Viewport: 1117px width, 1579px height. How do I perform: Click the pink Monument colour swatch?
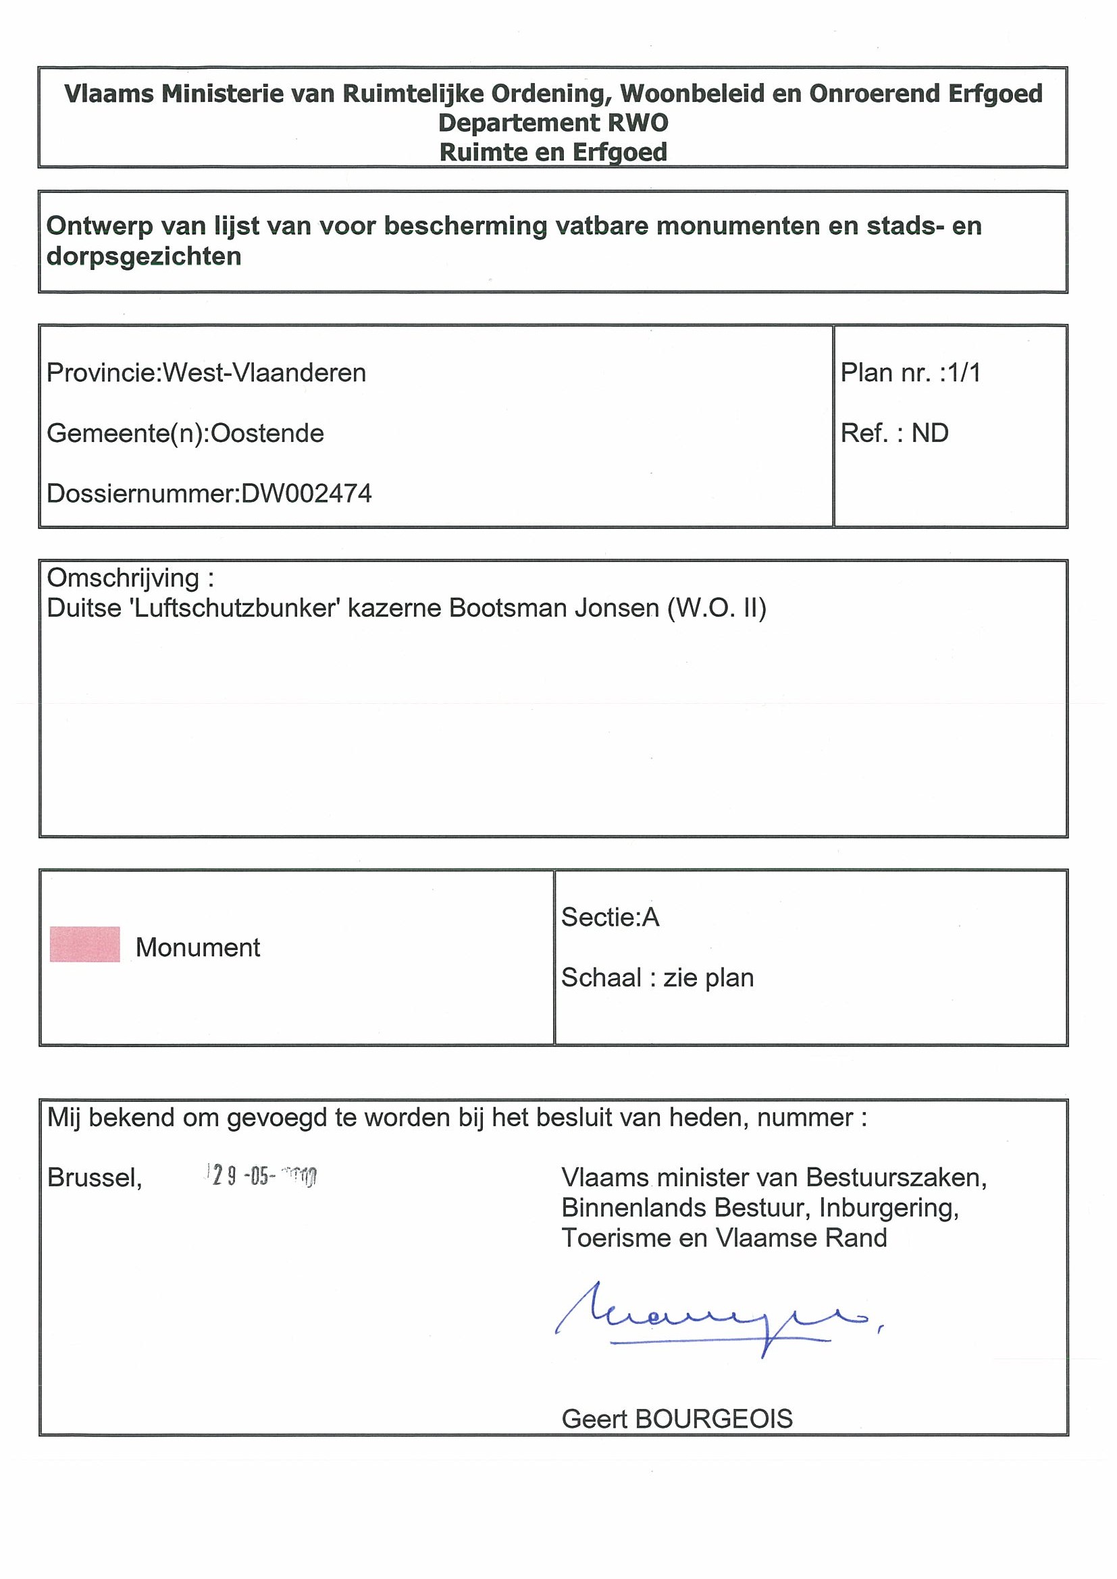coord(84,944)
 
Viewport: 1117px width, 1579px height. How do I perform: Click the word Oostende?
coord(267,433)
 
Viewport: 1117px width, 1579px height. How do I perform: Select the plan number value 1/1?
coord(964,372)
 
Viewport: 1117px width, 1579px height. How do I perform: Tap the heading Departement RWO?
coord(553,123)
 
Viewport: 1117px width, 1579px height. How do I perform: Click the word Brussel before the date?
coord(95,1178)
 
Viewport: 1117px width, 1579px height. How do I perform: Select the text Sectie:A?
coord(611,917)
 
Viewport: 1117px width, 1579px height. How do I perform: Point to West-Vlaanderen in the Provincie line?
coord(264,372)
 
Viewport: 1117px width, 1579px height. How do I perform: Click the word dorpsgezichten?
coord(144,256)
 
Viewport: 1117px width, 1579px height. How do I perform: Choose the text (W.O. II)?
coord(717,608)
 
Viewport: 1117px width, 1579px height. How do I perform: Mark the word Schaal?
coord(601,977)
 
